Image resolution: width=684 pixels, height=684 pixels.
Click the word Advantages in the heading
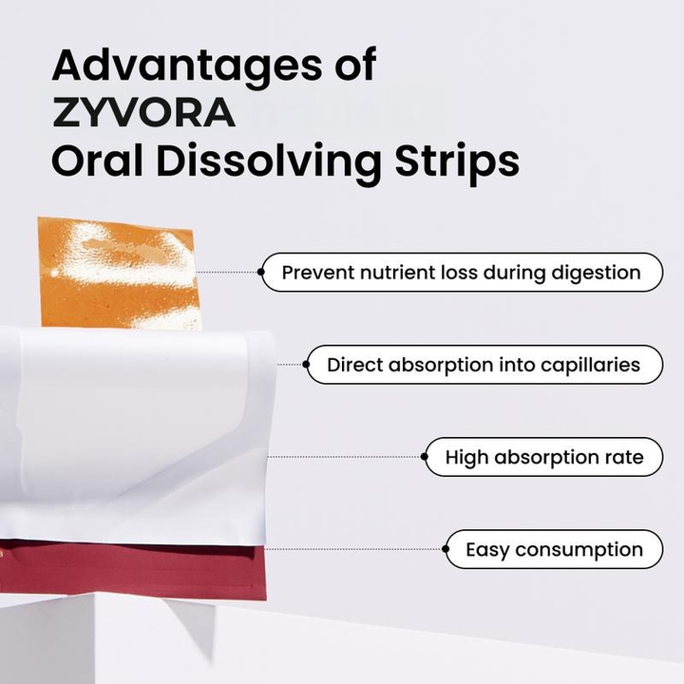pyautogui.click(x=171, y=66)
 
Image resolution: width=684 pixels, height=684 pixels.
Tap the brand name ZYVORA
pyautogui.click(x=143, y=113)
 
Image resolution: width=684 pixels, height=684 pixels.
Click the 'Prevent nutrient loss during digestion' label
pyautogui.click(x=461, y=272)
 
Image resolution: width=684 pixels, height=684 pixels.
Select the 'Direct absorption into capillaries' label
pyautogui.click(x=484, y=364)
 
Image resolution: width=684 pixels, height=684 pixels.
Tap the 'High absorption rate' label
pyautogui.click(x=543, y=457)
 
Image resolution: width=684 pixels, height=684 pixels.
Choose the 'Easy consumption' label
pyautogui.click(x=554, y=549)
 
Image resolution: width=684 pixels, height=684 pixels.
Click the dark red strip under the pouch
pyautogui.click(x=133, y=570)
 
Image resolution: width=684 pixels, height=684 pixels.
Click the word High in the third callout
pyautogui.click(x=465, y=458)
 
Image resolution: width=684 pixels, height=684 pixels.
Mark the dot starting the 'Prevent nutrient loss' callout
pyautogui.click(x=260, y=272)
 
